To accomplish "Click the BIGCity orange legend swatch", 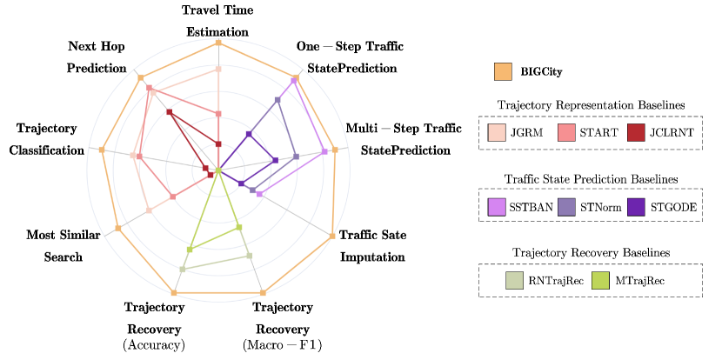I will [502, 70].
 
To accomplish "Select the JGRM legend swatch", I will [497, 133].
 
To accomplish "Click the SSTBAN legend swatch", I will [497, 207].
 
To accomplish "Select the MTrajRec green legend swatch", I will [599, 280].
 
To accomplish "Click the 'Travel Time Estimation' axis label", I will [217, 21].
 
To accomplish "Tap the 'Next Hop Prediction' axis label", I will [97, 56].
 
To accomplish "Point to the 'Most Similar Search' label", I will [54, 245].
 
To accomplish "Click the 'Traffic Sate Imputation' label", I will [372, 245].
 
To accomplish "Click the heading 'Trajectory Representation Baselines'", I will [591, 104].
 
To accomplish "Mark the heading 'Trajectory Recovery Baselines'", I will [591, 252].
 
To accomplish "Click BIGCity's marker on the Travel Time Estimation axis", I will [218, 42].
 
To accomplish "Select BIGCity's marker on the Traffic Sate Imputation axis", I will [332, 235].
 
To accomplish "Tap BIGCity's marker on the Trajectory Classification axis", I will [103, 150].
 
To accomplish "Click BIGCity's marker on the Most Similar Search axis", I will [117, 228].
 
